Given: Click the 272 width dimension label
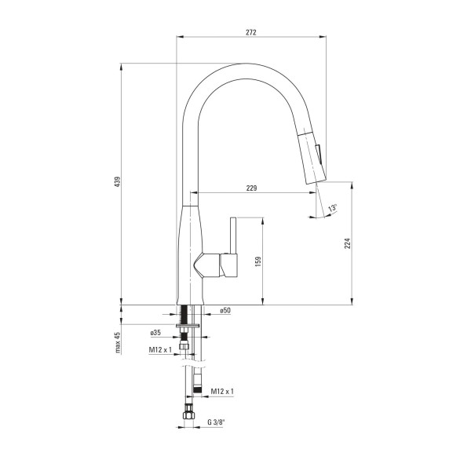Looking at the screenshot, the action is click(x=251, y=32).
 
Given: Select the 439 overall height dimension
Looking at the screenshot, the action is click(x=118, y=182).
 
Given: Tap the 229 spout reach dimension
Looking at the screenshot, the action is click(x=252, y=188).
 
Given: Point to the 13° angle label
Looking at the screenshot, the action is click(x=333, y=208).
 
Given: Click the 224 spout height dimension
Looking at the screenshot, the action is click(x=348, y=243).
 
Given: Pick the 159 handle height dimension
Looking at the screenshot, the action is click(x=258, y=261).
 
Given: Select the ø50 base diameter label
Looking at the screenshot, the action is click(x=225, y=310).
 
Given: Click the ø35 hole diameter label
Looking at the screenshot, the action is click(x=155, y=333).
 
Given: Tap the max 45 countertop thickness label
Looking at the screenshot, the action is click(x=118, y=342).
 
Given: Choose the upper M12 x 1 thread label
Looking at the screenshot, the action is click(x=160, y=349).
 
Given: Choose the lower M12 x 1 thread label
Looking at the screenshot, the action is click(x=222, y=391).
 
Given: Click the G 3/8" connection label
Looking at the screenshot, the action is click(x=216, y=422).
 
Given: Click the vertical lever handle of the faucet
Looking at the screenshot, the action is click(x=233, y=235).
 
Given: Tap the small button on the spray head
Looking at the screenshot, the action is click(x=319, y=154).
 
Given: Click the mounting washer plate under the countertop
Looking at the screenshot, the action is click(x=188, y=326).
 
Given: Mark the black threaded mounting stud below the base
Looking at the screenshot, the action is click(x=184, y=314).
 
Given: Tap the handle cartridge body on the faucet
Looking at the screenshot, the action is click(x=217, y=265).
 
